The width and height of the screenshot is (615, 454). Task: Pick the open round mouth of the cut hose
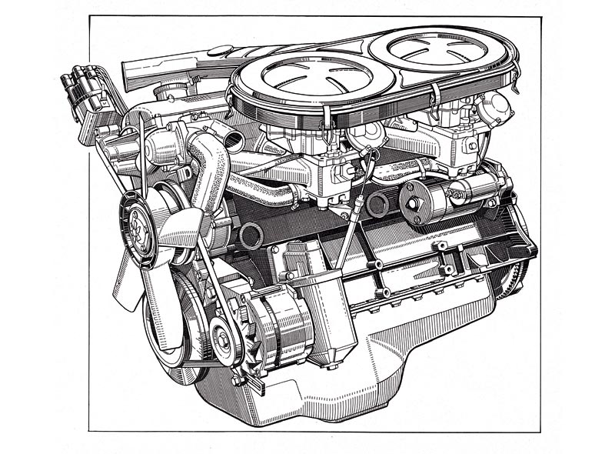(x=251, y=235)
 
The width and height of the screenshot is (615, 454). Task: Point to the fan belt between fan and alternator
(x=204, y=292)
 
